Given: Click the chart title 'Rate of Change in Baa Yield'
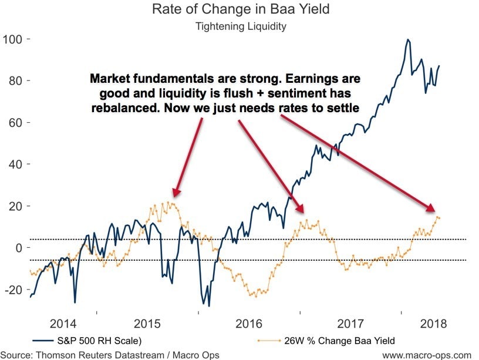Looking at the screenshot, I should tap(239, 9).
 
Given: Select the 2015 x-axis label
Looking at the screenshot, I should tap(158, 324).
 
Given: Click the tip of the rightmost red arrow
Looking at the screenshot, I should tap(433, 210).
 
